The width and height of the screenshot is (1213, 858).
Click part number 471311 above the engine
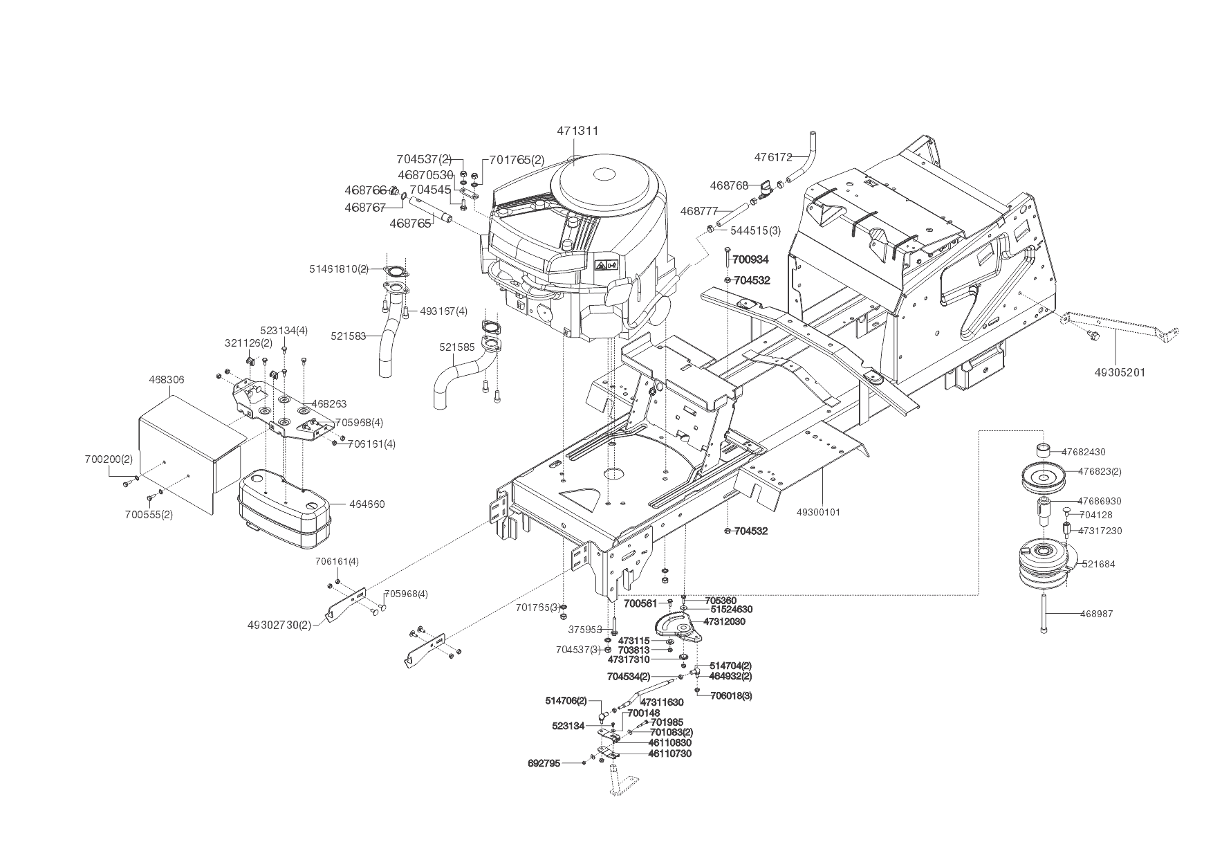click(x=577, y=131)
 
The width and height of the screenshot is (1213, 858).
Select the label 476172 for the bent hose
click(x=772, y=157)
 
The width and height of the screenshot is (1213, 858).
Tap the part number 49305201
click(x=1120, y=372)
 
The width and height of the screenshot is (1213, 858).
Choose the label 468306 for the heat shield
click(x=167, y=380)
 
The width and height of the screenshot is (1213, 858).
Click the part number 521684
click(x=1098, y=564)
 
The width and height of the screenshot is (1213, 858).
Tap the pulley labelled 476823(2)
click(x=1046, y=477)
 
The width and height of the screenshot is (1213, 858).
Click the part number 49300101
click(x=819, y=512)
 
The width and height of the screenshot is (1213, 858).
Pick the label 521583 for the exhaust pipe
click(x=348, y=335)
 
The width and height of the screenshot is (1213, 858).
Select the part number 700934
click(x=750, y=259)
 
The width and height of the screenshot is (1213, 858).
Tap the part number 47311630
click(x=662, y=702)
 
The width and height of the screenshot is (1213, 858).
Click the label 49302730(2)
click(x=279, y=624)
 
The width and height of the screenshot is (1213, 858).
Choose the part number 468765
click(x=410, y=223)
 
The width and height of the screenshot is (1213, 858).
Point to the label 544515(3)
click(x=755, y=230)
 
